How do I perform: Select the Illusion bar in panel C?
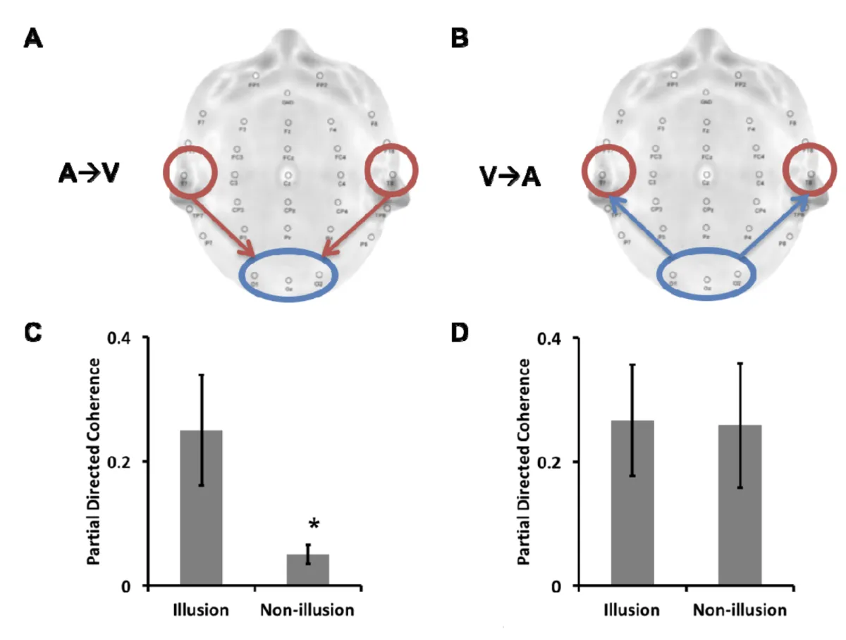[202, 507]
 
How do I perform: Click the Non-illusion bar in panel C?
[307, 570]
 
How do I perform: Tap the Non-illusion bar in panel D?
[740, 505]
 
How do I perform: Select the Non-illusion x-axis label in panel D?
[740, 610]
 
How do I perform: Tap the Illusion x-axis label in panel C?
[202, 610]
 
